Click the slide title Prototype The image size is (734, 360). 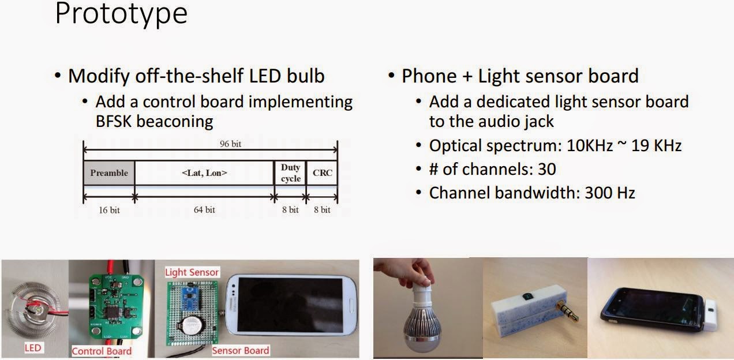[x=121, y=14]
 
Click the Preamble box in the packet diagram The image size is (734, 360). [x=109, y=173]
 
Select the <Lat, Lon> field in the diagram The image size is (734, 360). [x=204, y=173]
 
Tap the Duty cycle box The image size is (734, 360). [x=290, y=173]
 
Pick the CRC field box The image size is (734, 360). [x=322, y=173]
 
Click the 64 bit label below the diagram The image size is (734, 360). [x=204, y=210]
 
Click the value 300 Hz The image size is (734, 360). [x=610, y=193]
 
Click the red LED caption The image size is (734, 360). [x=32, y=348]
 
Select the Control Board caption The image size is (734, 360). [x=102, y=351]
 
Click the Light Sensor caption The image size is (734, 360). [x=192, y=272]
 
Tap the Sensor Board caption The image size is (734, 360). [x=240, y=350]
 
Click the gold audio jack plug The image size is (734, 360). [x=563, y=312]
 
